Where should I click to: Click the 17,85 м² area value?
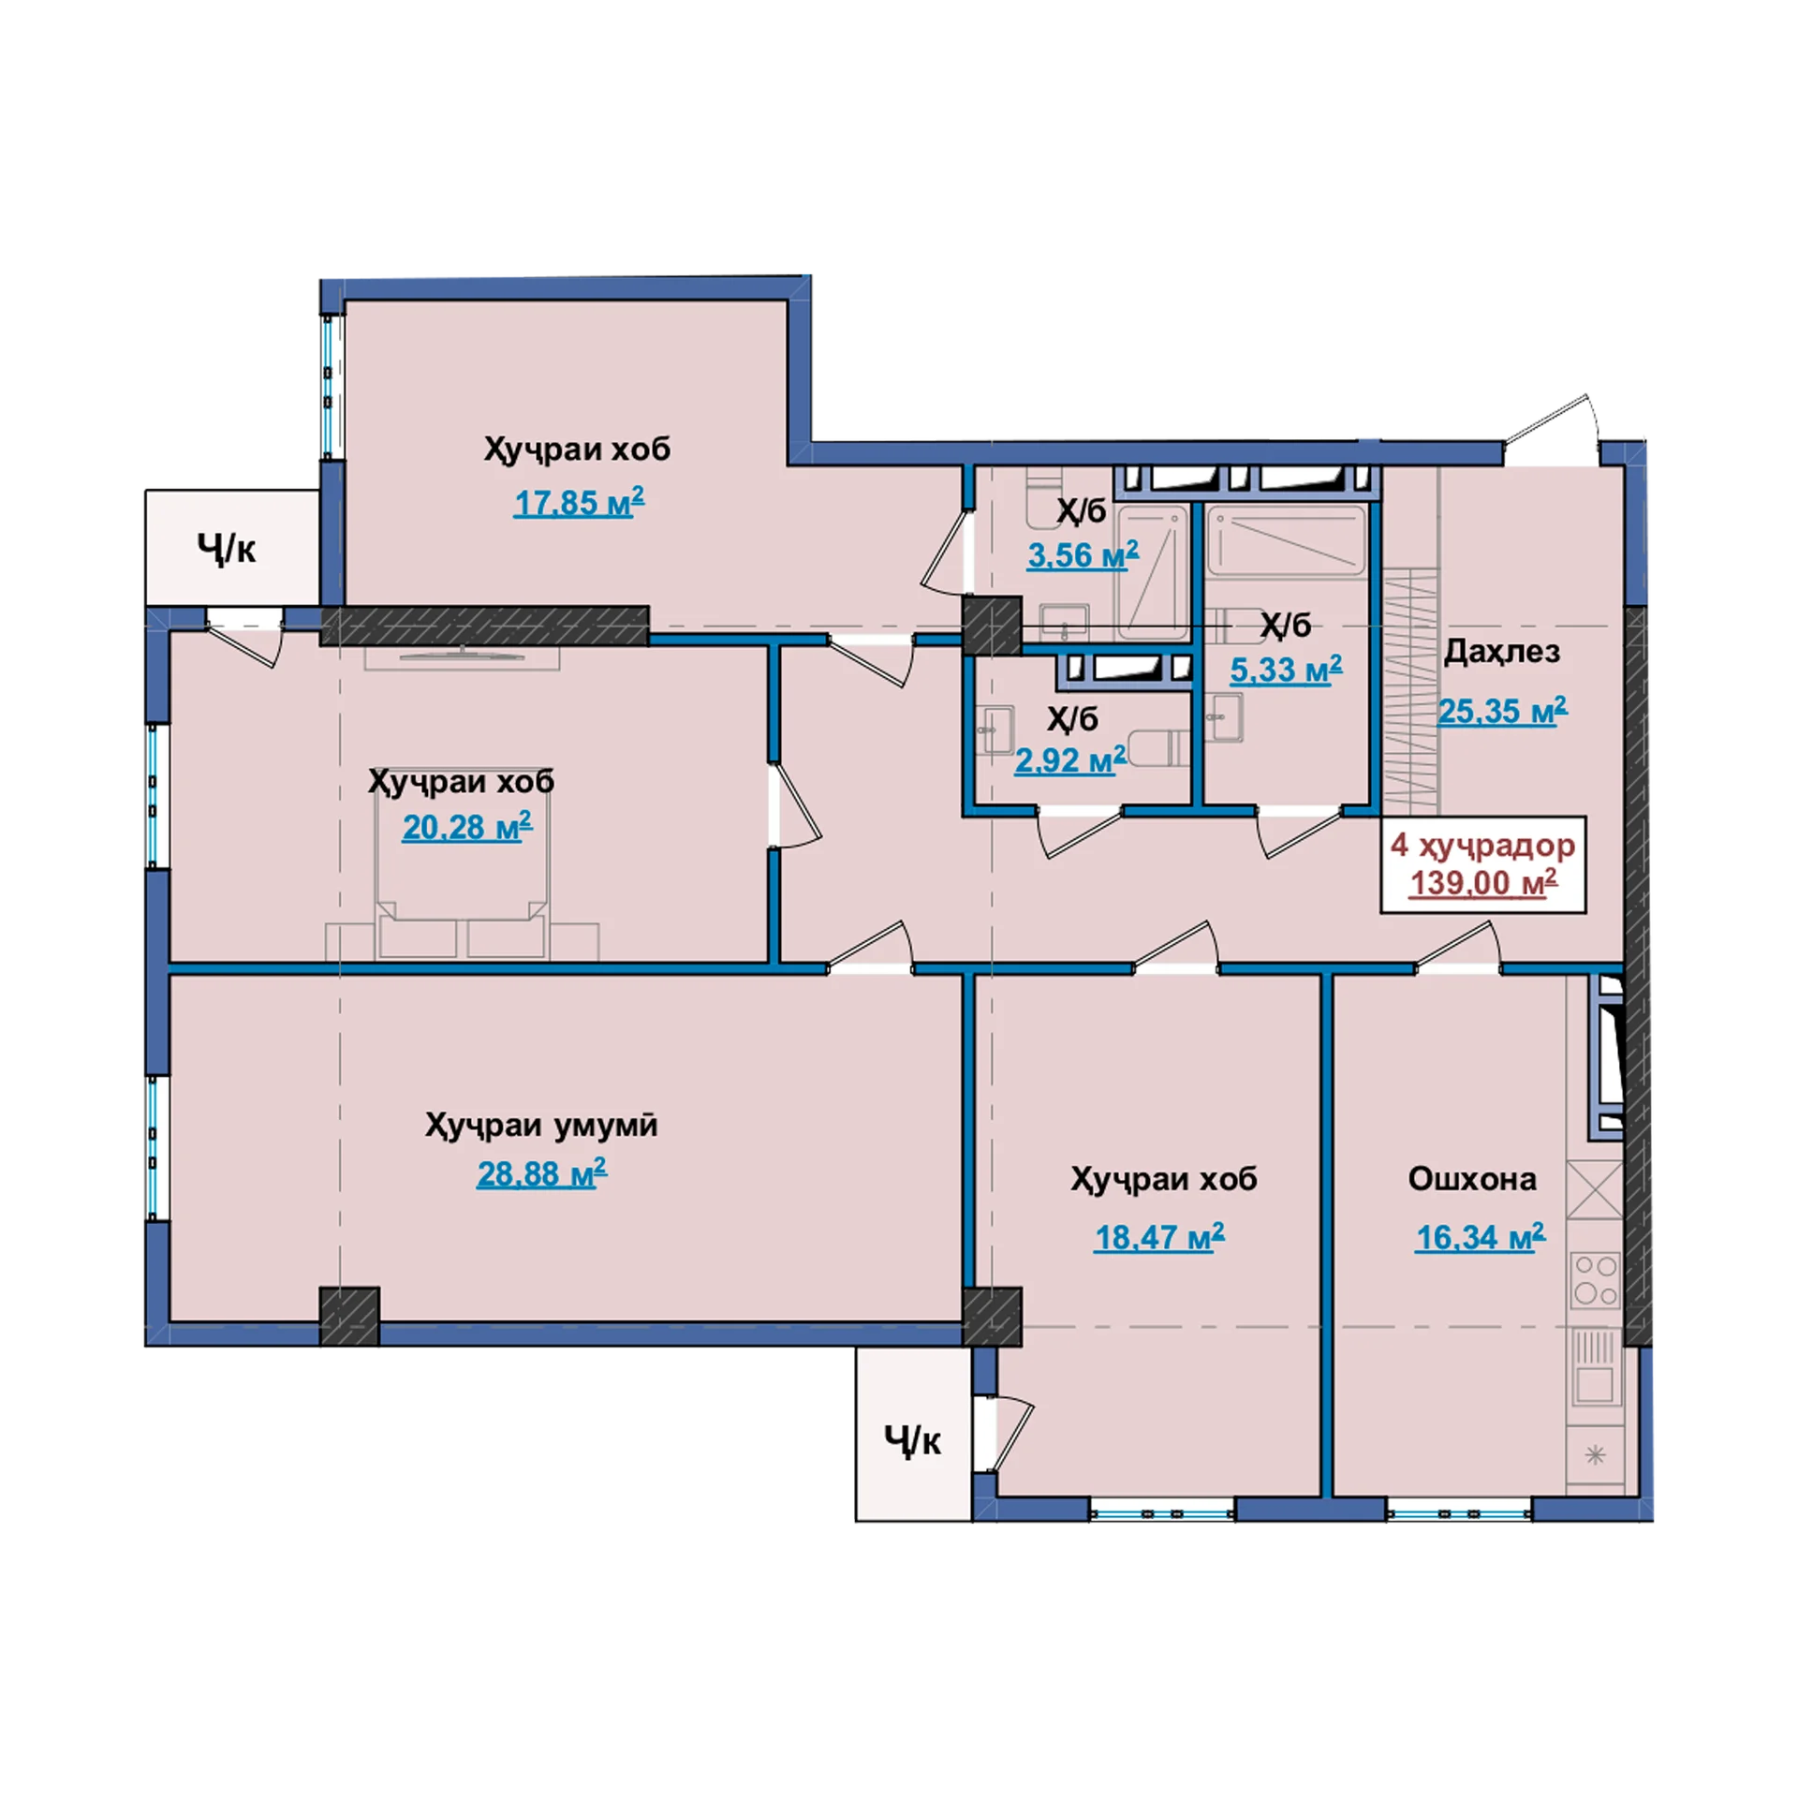[579, 502]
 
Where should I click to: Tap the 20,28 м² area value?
[466, 826]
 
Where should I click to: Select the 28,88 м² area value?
[541, 1172]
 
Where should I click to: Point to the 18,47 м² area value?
[1159, 1236]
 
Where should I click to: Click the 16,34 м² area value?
[1480, 1236]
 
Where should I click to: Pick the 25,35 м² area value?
[1502, 711]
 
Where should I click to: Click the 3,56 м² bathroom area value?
[1083, 554]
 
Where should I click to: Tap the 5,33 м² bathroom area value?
[1286, 670]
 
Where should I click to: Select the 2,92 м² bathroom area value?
[1070, 759]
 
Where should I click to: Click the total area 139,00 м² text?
[1483, 882]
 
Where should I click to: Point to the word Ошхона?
[1472, 1179]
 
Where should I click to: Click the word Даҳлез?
[1502, 651]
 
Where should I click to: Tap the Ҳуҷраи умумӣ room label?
[541, 1125]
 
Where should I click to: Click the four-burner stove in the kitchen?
[1595, 1280]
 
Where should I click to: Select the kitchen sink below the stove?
[1595, 1367]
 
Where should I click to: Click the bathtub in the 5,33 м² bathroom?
[1286, 540]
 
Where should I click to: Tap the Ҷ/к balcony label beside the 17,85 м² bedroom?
[227, 548]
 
